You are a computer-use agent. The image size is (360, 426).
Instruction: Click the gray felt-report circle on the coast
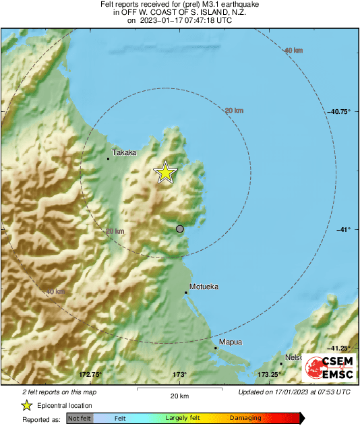(x=180, y=229)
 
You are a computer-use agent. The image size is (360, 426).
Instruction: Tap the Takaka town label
(x=124, y=153)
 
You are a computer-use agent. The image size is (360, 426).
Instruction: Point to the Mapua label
(x=231, y=342)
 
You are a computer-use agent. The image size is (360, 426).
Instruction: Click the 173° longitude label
(x=179, y=374)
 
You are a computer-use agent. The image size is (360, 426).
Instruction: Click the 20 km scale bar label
(x=179, y=395)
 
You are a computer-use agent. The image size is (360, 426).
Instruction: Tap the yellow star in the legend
(x=26, y=405)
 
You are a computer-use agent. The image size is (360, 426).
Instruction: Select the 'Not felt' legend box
(x=80, y=418)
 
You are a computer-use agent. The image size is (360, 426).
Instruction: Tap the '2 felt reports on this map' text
(x=59, y=392)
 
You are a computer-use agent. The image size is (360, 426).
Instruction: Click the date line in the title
(x=179, y=20)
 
